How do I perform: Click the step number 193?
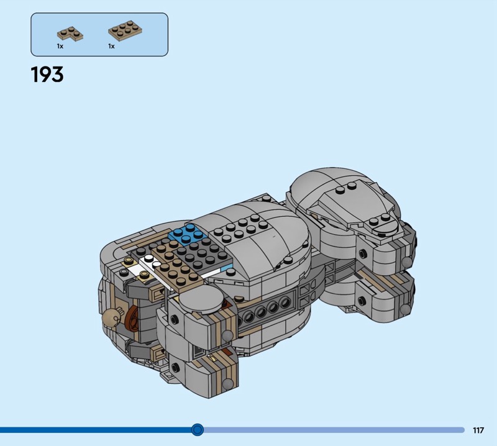[47, 75]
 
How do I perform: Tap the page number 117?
[478, 430]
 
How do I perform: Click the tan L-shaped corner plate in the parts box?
[70, 34]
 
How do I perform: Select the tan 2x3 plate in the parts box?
[125, 30]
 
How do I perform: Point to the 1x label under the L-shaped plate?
[60, 47]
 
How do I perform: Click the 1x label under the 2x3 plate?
[111, 47]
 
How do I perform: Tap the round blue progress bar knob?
[198, 430]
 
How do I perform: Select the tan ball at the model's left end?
[111, 316]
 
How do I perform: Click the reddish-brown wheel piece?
[133, 321]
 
